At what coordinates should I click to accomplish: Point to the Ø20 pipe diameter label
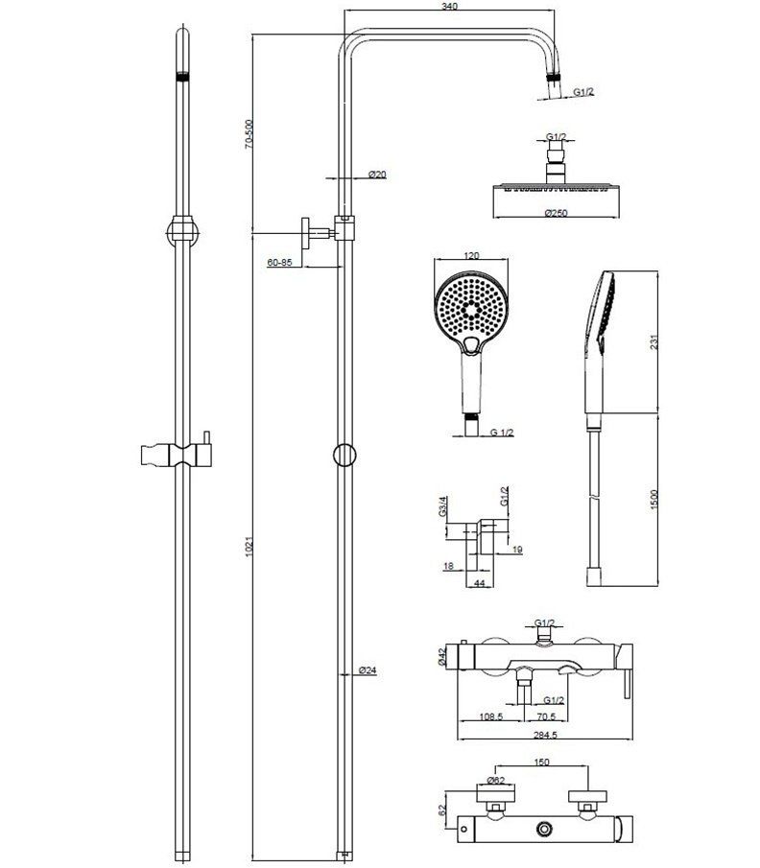tap(377, 175)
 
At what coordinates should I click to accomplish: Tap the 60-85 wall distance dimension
tap(280, 262)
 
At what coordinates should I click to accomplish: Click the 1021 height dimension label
tap(249, 547)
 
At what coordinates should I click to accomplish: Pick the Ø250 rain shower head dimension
tap(555, 213)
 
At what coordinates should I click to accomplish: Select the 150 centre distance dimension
tap(542, 762)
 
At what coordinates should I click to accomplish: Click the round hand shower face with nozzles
tap(471, 306)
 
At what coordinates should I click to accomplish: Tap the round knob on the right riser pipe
tap(344, 456)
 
